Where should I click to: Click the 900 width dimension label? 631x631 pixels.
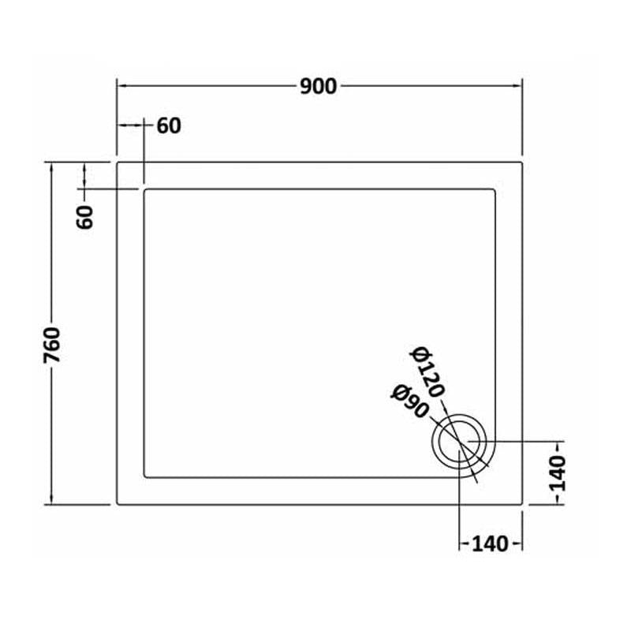pyautogui.click(x=319, y=87)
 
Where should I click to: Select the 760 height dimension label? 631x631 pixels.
pyautogui.click(x=52, y=345)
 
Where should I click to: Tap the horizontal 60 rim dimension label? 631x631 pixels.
pyautogui.click(x=169, y=126)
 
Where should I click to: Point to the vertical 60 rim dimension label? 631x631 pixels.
pyautogui.click(x=84, y=217)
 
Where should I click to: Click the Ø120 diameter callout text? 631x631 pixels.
pyautogui.click(x=428, y=372)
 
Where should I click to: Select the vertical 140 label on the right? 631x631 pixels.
pyautogui.click(x=558, y=474)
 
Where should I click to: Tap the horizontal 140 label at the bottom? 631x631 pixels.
pyautogui.click(x=490, y=544)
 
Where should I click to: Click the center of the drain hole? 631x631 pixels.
pyautogui.click(x=459, y=442)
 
